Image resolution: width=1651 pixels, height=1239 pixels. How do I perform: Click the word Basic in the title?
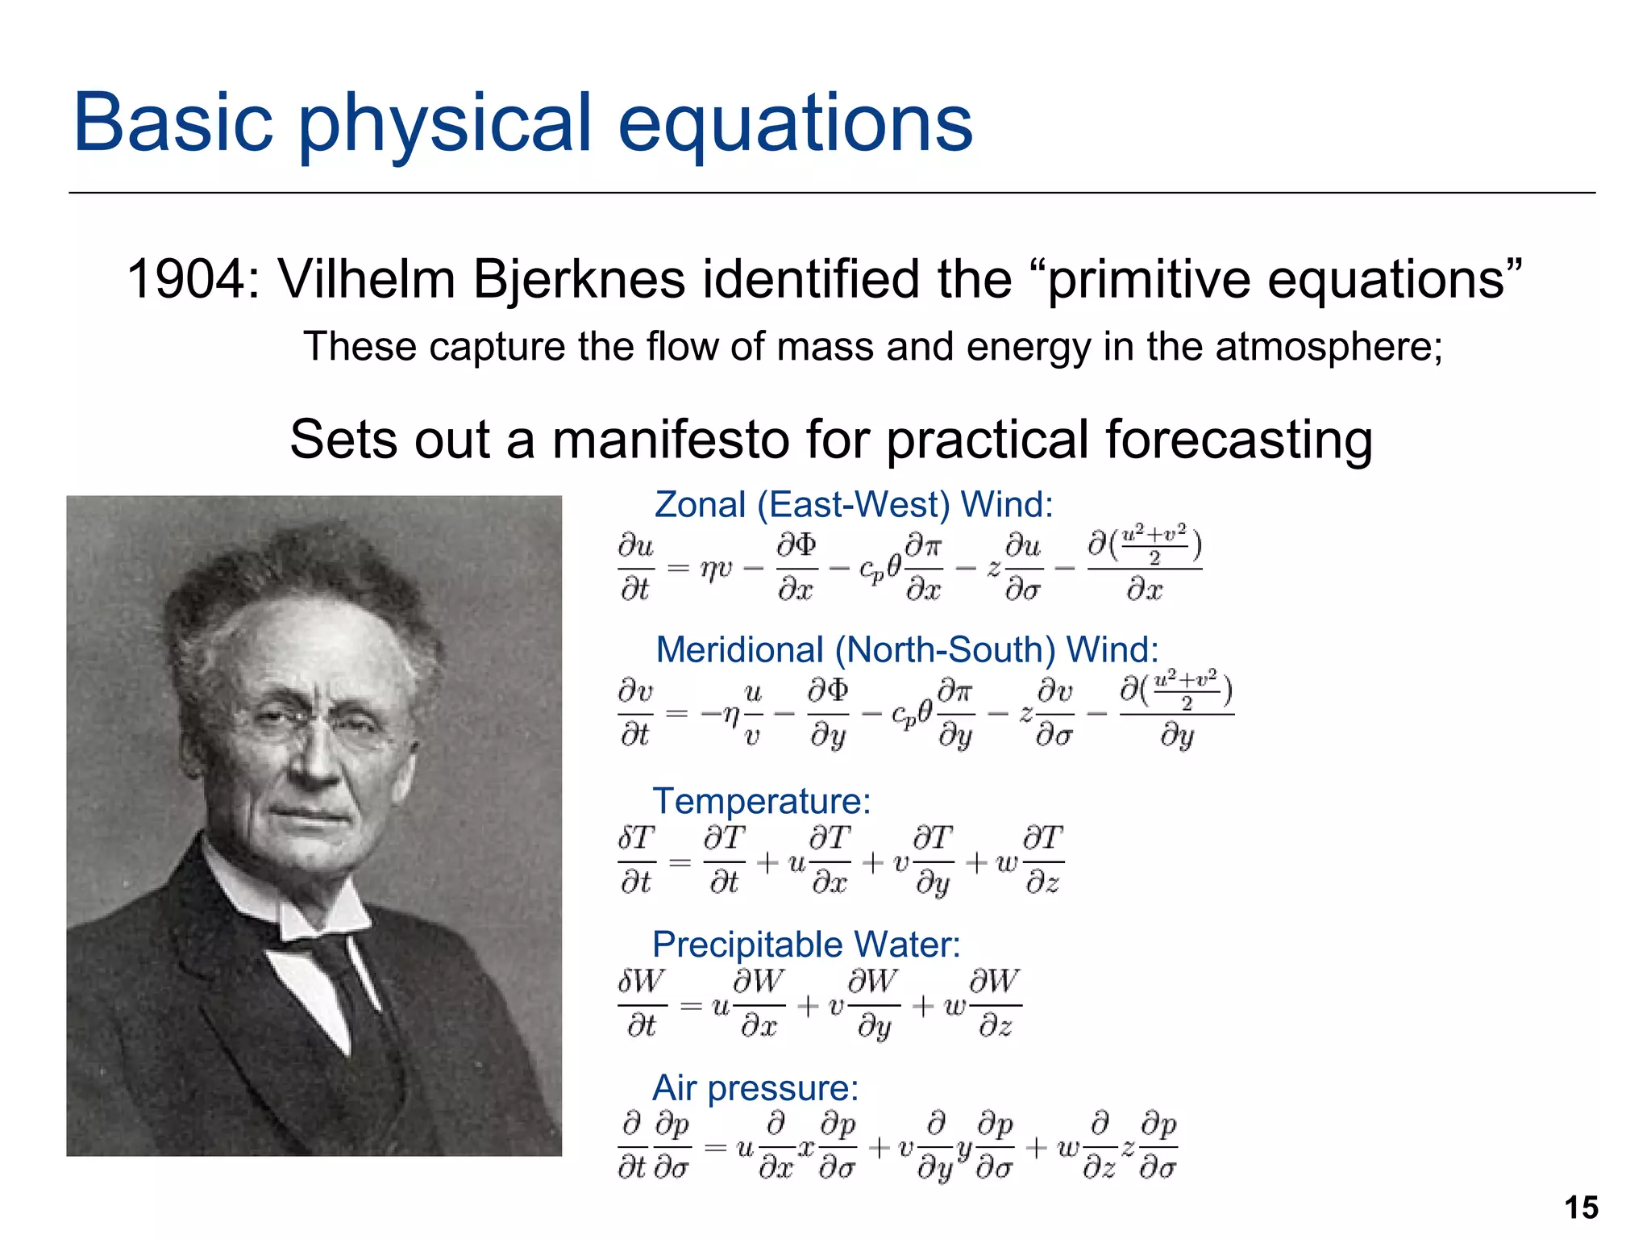tap(173, 123)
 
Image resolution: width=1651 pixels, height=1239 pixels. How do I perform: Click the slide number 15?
tap(1581, 1208)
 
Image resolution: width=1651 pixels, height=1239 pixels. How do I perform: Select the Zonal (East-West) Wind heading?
tap(853, 505)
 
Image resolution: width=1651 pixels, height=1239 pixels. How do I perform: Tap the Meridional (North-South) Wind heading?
tap(906, 650)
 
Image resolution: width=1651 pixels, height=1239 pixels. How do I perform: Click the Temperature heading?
tap(761, 801)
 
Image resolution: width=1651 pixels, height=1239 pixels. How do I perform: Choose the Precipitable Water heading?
tap(805, 945)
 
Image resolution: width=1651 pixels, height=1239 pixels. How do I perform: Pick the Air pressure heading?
tap(755, 1088)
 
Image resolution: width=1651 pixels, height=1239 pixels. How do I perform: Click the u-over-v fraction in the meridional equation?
tap(752, 714)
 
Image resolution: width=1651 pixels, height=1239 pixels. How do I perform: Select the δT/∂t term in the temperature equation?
tap(637, 860)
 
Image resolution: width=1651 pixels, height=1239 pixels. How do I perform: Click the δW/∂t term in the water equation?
tap(642, 1003)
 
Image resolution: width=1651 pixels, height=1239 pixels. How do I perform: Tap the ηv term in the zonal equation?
tap(716, 569)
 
